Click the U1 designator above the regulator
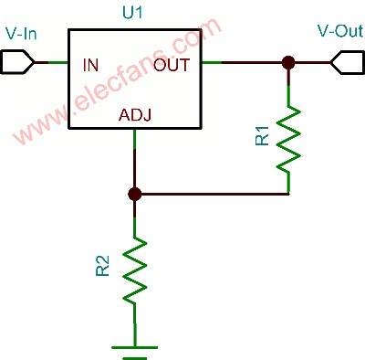[132, 13]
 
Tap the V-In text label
[21, 33]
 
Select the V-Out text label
[340, 30]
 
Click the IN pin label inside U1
[90, 65]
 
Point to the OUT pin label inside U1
[172, 65]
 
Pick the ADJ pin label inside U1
[135, 115]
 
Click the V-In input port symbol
[17, 62]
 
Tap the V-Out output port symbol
[348, 62]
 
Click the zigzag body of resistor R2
[135, 270]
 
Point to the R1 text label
[263, 136]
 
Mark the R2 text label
[103, 266]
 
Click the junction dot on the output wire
[288, 63]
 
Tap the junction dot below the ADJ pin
[135, 194]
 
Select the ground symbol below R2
[135, 352]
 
